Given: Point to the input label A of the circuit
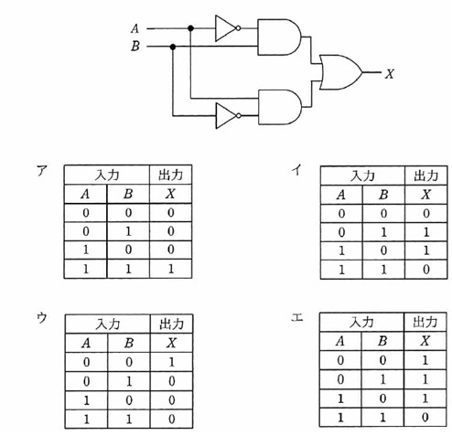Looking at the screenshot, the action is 135,28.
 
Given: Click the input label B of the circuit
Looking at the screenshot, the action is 135,47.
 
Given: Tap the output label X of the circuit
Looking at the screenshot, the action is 390,74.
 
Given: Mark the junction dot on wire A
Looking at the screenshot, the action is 191,28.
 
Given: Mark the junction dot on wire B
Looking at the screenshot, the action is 173,47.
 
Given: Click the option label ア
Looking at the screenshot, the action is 42,171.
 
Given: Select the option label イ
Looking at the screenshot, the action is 296,170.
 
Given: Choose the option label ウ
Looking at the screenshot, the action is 42,318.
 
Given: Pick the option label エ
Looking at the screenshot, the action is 297,318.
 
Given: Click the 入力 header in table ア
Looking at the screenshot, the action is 107,175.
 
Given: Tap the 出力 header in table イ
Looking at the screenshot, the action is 426,175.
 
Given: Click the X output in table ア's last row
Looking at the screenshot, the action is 171,269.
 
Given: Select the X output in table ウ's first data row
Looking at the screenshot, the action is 172,362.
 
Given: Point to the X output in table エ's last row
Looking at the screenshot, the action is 425,417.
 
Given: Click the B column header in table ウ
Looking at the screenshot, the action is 129,343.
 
